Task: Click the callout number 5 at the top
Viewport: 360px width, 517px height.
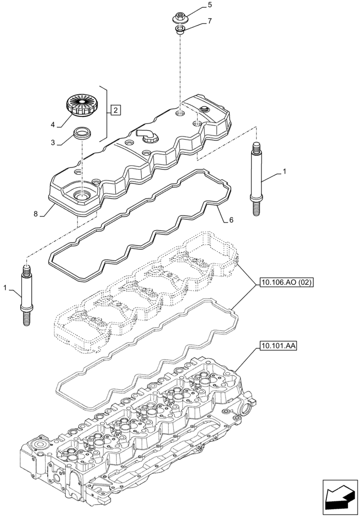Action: pos(209,5)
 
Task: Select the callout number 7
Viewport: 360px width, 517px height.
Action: pos(209,21)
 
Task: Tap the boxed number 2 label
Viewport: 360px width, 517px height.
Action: pos(116,110)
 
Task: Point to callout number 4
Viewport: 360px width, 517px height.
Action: pos(53,124)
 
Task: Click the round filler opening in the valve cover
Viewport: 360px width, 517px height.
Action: pos(82,196)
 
